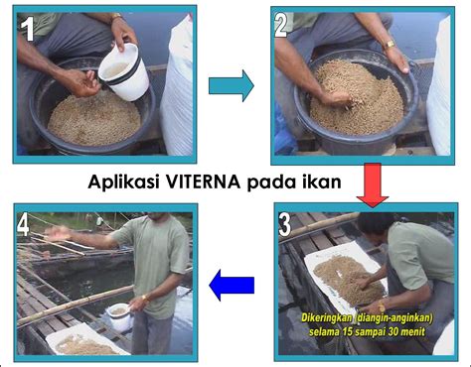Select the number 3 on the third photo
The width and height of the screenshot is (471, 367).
click(x=285, y=225)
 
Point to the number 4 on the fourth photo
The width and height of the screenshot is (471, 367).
click(x=23, y=225)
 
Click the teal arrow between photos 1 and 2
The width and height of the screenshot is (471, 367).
click(x=232, y=85)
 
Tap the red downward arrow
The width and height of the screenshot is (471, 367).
click(x=373, y=184)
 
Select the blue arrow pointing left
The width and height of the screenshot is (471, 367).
click(x=232, y=285)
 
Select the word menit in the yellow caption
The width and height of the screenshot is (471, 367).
click(x=411, y=331)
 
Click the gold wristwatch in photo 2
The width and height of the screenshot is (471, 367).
click(x=390, y=44)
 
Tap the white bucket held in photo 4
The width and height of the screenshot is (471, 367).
click(x=119, y=317)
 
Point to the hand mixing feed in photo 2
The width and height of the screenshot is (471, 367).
click(x=336, y=98)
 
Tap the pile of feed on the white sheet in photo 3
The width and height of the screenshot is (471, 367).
click(x=348, y=280)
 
